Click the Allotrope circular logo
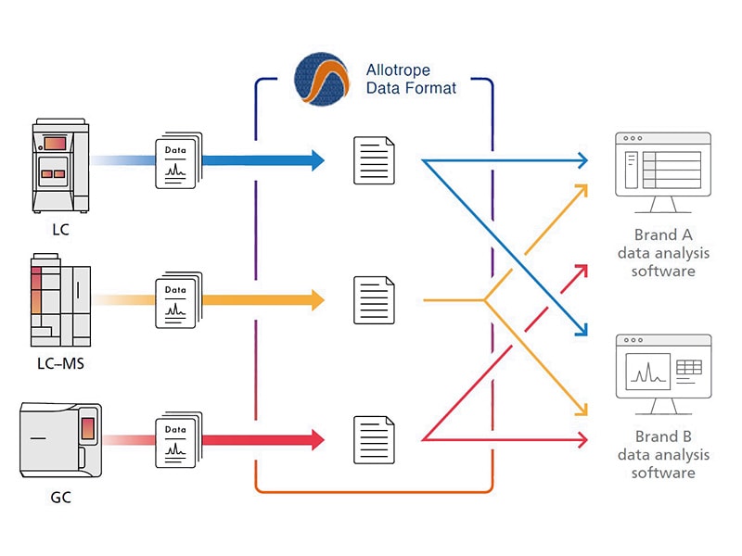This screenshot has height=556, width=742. point(321,79)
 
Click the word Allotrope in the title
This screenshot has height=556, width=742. point(398,71)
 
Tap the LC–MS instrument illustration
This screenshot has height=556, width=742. point(60,300)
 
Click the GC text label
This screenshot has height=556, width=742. point(60,498)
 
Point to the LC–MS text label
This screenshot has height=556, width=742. point(60,363)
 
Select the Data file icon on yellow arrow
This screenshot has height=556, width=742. point(175,300)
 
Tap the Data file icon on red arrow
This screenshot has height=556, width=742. point(175,439)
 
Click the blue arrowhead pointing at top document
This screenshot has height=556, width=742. point(316,160)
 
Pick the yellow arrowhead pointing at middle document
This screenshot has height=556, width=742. point(316,299)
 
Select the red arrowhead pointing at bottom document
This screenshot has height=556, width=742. point(316,438)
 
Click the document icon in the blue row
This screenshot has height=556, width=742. point(374,160)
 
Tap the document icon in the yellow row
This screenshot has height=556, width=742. point(374,299)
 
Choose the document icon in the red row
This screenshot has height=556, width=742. point(374,438)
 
